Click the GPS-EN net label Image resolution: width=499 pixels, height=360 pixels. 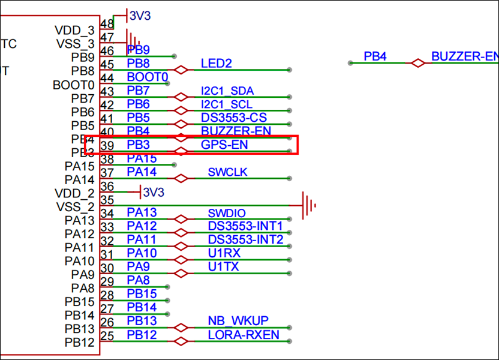point(224,145)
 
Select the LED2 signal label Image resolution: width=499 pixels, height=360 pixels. point(216,64)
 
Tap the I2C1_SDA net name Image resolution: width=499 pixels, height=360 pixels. point(227,91)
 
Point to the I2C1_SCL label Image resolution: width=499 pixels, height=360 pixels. point(227,104)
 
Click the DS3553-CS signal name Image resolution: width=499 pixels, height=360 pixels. point(233,118)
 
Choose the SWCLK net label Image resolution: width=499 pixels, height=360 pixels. point(228,173)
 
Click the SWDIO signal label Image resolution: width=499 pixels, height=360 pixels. point(227,213)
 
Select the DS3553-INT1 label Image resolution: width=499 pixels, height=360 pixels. point(245,226)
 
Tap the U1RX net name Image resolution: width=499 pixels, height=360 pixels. point(224,253)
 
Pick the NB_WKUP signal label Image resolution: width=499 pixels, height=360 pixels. point(238,321)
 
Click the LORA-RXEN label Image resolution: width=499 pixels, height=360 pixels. point(244,335)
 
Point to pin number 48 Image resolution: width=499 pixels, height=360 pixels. point(107,24)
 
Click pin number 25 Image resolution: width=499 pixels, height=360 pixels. point(107,336)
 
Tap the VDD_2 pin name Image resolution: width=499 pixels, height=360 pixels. point(74,193)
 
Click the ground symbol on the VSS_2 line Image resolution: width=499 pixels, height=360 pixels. point(308,205)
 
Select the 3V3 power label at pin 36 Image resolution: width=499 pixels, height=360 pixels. point(154,192)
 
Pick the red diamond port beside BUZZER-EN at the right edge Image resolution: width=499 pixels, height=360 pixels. point(417,62)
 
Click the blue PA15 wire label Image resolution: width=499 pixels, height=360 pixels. point(142,159)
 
